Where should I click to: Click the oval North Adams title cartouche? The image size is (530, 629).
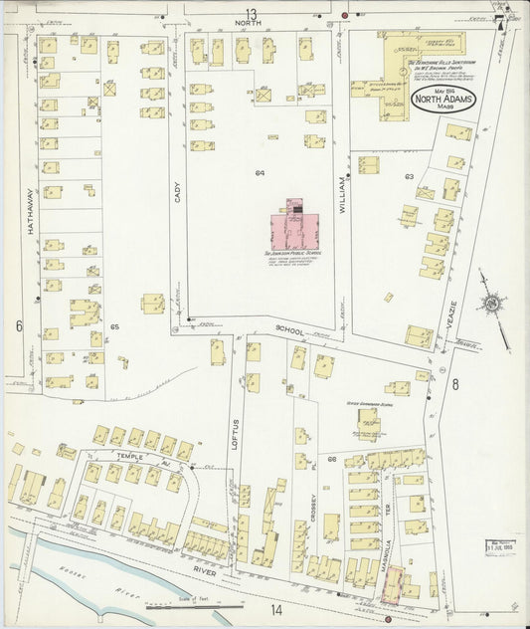(x=442, y=100)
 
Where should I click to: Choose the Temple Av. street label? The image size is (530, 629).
(x=130, y=457)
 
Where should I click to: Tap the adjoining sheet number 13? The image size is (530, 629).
(x=252, y=13)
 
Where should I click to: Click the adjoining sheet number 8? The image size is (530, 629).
(x=455, y=383)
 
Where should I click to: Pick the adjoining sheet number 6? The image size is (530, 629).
(x=18, y=325)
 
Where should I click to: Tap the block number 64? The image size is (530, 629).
(x=260, y=173)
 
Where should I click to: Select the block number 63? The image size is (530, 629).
(x=408, y=176)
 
